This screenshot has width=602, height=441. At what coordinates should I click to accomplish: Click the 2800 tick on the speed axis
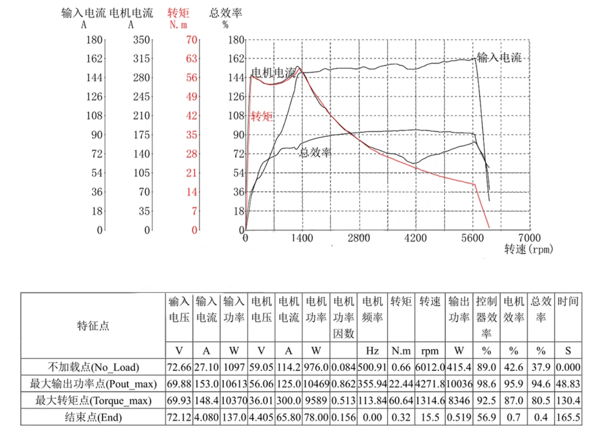[x=359, y=238]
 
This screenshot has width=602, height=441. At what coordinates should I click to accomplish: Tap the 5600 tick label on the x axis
[x=472, y=238]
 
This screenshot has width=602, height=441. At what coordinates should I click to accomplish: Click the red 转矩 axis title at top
[x=178, y=13]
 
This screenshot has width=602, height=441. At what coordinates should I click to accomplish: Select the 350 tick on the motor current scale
[x=141, y=40]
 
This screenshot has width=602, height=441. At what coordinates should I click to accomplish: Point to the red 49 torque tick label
[x=192, y=97]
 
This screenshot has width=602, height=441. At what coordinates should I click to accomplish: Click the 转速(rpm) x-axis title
[x=528, y=249]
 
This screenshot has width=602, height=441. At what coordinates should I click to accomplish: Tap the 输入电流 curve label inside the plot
[x=499, y=58]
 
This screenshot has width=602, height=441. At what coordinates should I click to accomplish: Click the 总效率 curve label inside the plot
[x=315, y=153]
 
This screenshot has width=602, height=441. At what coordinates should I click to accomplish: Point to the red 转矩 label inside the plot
[x=262, y=116]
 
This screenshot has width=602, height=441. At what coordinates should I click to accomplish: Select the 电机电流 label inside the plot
[x=273, y=73]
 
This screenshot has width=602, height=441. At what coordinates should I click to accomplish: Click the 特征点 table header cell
[x=93, y=326]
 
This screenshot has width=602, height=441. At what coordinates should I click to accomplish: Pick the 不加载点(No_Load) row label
[x=93, y=367]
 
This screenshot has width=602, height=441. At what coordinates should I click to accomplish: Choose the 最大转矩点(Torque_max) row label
[x=93, y=400]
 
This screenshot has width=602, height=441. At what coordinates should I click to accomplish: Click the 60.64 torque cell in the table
[x=401, y=401]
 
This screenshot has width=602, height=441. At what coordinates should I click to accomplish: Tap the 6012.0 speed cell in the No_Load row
[x=430, y=367]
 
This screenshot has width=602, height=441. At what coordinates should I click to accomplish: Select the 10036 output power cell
[x=459, y=384]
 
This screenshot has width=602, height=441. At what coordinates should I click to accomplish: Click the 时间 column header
[x=568, y=301]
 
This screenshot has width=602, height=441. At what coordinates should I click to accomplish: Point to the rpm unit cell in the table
[x=430, y=351]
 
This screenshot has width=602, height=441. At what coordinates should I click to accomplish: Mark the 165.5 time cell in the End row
[x=568, y=417]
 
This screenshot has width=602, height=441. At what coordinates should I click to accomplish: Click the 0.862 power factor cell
[x=344, y=384]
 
